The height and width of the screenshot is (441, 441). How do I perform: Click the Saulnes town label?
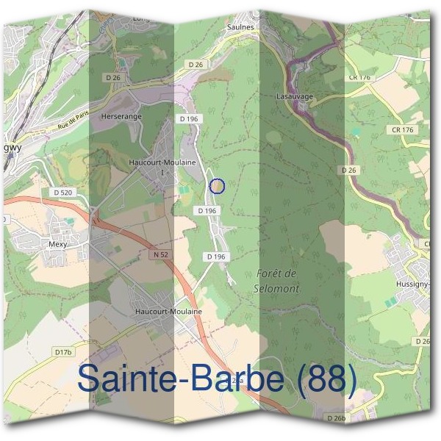click(x=245, y=26)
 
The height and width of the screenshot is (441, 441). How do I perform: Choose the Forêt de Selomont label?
click(x=278, y=281)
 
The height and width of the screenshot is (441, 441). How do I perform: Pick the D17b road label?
click(x=65, y=353)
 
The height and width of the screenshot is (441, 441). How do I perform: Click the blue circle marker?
click(x=216, y=186)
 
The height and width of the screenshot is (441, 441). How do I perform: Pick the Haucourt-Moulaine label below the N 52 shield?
click(x=168, y=312)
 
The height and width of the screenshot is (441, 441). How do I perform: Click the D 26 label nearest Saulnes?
click(x=196, y=65)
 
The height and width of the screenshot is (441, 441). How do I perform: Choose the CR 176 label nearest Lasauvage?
click(x=362, y=77)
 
